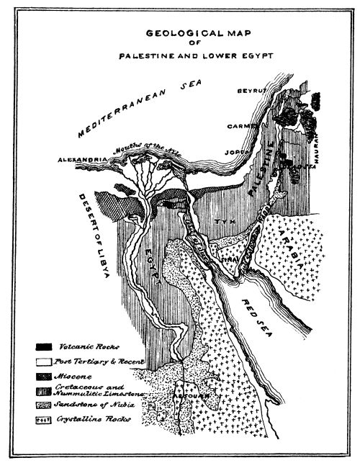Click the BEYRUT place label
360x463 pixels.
click(x=252, y=91)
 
